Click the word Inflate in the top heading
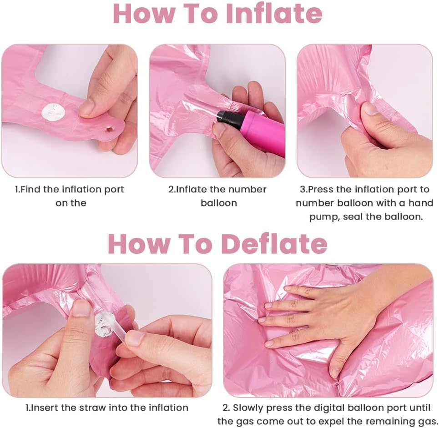(x=274, y=14)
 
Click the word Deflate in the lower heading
(x=274, y=243)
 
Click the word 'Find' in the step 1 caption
(x=31, y=189)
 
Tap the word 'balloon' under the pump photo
(x=219, y=203)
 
